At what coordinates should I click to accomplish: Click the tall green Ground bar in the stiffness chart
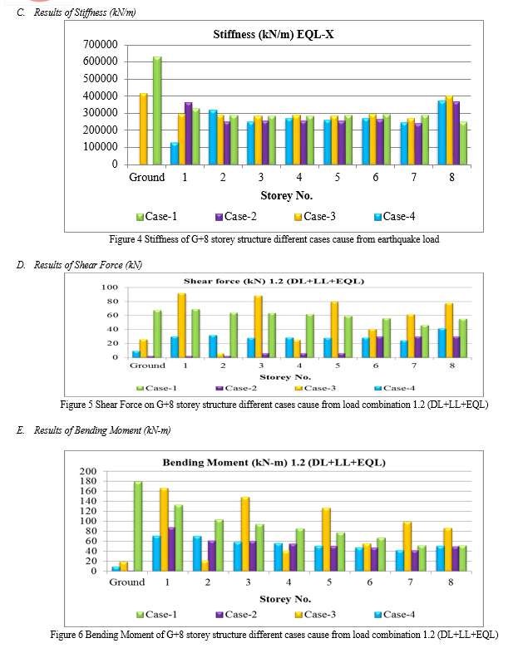pos(157,110)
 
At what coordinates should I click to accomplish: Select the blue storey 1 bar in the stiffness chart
pos(175,154)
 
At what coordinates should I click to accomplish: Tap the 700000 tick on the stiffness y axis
pos(100,44)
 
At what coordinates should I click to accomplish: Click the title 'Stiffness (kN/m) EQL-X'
pos(274,34)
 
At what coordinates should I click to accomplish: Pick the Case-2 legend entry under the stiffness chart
pos(236,217)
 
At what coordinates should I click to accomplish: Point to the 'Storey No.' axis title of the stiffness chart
pos(286,195)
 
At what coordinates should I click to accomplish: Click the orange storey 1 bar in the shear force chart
pos(181,325)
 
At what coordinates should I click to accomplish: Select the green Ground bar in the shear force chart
pos(157,334)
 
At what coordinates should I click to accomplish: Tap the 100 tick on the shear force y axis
pos(110,287)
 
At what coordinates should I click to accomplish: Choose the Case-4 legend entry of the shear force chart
pos(395,388)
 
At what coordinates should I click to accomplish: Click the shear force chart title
pos(274,281)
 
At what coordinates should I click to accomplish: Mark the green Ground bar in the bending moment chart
pos(138,526)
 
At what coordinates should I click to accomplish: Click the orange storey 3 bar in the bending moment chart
pos(245,534)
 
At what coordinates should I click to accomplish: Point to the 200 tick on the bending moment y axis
pos(87,471)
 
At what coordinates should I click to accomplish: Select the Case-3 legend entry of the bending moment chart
pos(315,615)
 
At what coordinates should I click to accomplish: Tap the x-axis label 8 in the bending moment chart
pos(451,582)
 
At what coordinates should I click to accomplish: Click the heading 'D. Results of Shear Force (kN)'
pos(79,265)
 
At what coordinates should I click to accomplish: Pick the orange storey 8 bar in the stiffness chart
pos(449,130)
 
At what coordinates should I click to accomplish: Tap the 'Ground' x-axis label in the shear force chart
pos(147,366)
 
